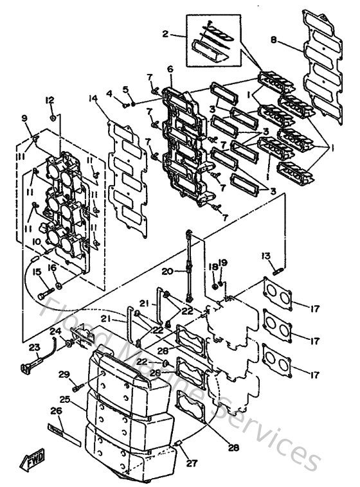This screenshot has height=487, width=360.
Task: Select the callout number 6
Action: (x=170, y=69)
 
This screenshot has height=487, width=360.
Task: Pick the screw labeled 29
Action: (x=77, y=387)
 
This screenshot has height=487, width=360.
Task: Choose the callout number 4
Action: (x=109, y=94)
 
